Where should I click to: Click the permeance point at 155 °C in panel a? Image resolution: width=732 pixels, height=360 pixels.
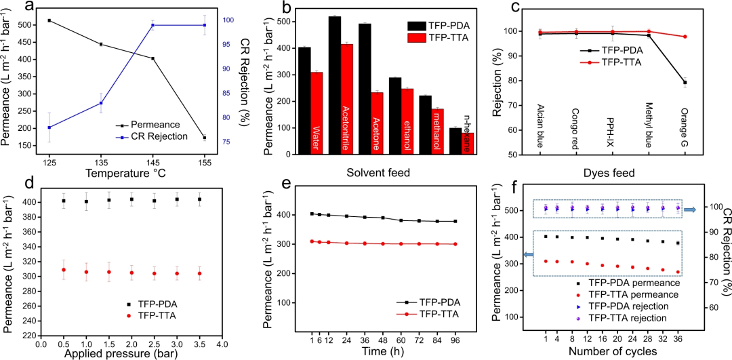[205, 138]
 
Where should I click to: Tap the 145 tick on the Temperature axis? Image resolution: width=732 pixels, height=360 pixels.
[152, 163]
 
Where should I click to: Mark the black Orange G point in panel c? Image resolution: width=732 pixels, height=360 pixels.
[685, 83]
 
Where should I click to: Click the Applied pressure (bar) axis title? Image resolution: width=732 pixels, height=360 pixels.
[131, 353]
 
